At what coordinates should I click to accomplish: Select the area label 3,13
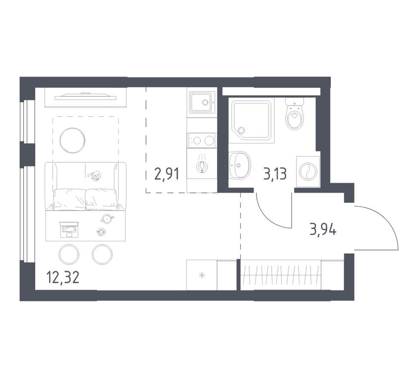click(x=274, y=174)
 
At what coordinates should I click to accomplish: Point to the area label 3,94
click(x=323, y=230)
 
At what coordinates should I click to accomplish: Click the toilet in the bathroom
click(x=294, y=116)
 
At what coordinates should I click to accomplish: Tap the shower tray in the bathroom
click(x=251, y=121)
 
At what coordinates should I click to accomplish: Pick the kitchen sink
click(x=201, y=102)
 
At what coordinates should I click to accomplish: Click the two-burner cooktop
click(x=201, y=140)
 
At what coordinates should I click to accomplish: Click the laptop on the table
click(x=68, y=230)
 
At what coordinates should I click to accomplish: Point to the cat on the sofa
click(x=94, y=175)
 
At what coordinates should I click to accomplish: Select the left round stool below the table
click(x=69, y=255)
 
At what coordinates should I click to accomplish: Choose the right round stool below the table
click(x=102, y=255)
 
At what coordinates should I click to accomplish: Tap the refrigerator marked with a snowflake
click(x=202, y=275)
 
